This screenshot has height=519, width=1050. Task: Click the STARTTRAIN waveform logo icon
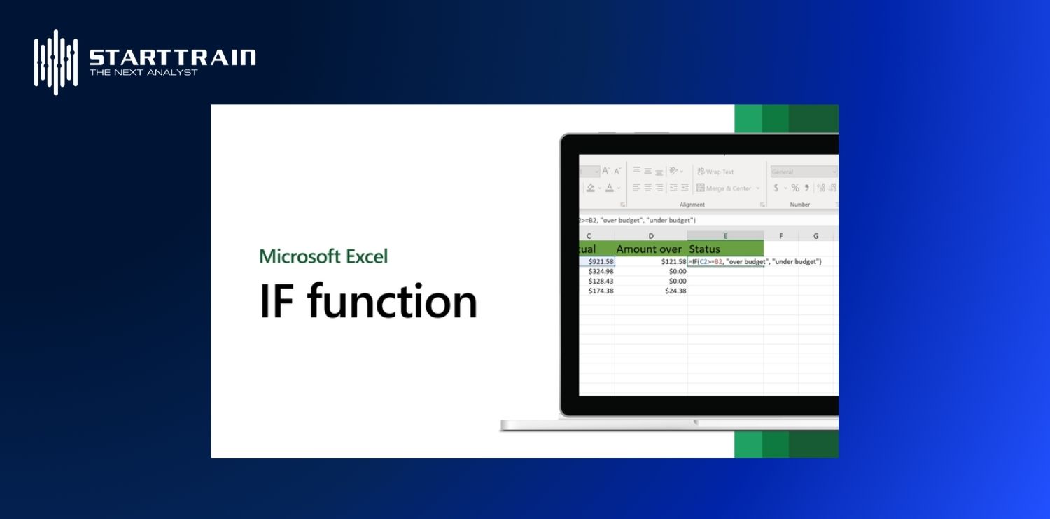[56, 62]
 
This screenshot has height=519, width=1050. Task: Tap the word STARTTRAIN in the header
[172, 57]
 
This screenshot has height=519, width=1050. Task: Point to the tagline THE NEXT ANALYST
[143, 72]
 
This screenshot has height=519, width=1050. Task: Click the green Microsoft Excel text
[323, 256]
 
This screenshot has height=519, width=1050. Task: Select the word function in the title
[392, 302]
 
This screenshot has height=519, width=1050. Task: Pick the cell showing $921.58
[600, 262]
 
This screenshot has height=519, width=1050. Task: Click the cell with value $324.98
[600, 272]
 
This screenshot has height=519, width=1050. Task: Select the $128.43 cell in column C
[600, 281]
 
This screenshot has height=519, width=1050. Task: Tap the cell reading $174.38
[600, 291]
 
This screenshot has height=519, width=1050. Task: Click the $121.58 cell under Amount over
[672, 262]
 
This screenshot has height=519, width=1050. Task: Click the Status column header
[705, 249]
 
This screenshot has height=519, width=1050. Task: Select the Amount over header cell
[649, 249]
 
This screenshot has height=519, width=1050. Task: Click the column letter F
[780, 236]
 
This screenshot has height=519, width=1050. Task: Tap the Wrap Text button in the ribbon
[715, 172]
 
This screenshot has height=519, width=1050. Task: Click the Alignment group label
[692, 205]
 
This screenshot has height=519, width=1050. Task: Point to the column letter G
[815, 236]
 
